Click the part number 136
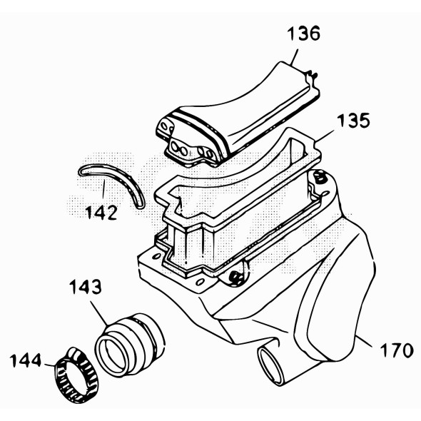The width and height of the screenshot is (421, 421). pos(303,34)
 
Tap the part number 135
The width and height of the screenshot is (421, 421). pos(353,121)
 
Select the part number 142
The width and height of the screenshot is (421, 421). pos(101,213)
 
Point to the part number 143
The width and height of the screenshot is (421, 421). pos(86,287)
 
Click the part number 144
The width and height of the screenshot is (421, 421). pos(26,360)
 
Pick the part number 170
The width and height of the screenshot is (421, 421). pos(397,350)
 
